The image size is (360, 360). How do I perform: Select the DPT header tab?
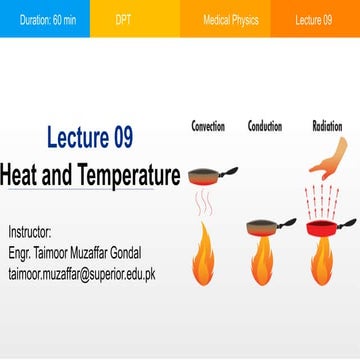123,19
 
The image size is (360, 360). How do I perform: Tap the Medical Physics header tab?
230,19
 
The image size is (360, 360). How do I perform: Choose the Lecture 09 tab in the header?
314,19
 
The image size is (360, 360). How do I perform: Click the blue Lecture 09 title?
103,137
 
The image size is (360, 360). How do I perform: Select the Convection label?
207,127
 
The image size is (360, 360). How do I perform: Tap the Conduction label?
264,127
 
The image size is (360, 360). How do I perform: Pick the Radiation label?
327,127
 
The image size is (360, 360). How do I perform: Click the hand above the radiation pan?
328,158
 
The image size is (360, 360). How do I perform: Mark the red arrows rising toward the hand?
322,201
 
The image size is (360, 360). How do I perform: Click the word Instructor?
29,230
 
